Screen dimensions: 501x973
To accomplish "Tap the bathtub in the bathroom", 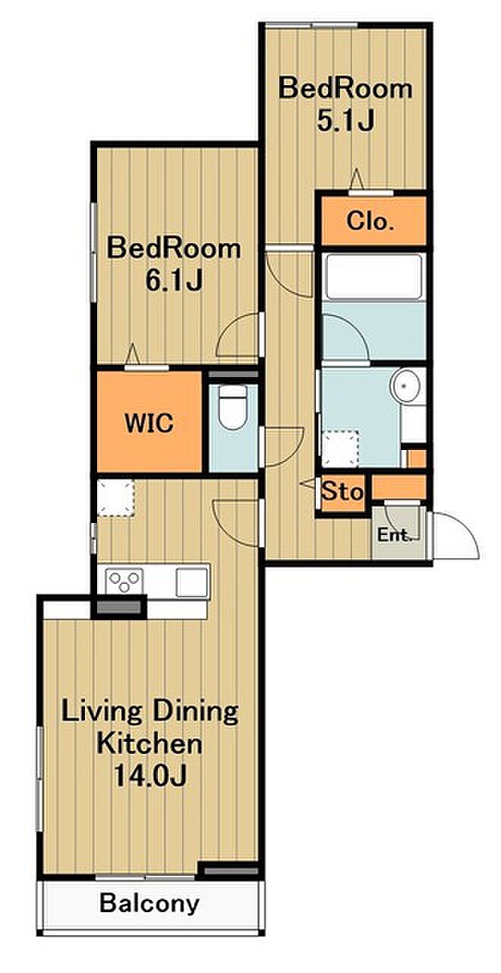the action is point(373,276).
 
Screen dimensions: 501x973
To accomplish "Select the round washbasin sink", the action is point(405,385).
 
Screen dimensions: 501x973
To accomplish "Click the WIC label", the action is point(150,423).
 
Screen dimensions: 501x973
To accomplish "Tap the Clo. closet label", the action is point(369,222).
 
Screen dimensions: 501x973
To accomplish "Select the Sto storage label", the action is point(342,492).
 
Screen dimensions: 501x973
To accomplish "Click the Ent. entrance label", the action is point(394,534).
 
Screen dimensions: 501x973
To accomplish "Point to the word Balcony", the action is point(150,904).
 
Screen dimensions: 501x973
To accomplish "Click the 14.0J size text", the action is point(150,775).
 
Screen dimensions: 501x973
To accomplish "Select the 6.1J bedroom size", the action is point(174,280).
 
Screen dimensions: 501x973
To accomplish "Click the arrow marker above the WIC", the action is point(133,353).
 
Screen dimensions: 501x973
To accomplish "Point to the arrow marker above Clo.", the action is point(357,179).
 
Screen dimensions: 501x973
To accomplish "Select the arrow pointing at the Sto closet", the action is point(309,483).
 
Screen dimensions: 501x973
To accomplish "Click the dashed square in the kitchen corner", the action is point(115,498).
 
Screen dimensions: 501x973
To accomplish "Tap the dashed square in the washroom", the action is point(341,448).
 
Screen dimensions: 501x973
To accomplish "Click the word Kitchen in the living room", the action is point(150,743).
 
